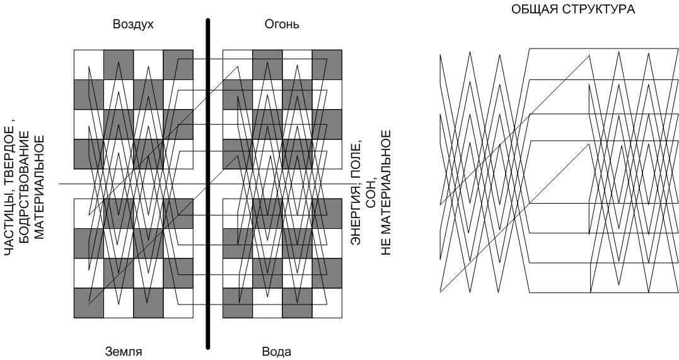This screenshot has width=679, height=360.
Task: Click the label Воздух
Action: [133, 25]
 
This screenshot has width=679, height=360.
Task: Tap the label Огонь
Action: [281, 25]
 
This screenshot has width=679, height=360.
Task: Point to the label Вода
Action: [276, 351]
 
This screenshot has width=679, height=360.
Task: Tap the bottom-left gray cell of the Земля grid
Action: [89, 303]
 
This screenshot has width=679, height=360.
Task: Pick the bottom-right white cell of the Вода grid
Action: [327, 303]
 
